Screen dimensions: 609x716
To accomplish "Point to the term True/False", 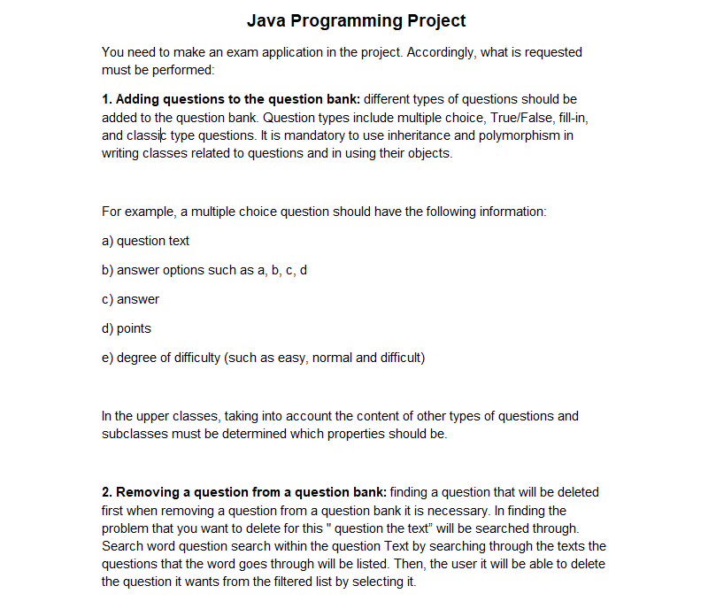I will coord(514,117).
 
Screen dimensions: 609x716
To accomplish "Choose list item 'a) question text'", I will coord(145,241).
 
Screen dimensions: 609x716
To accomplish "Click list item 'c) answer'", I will coord(130,299).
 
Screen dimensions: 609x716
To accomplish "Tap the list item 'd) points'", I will coord(127,328).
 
